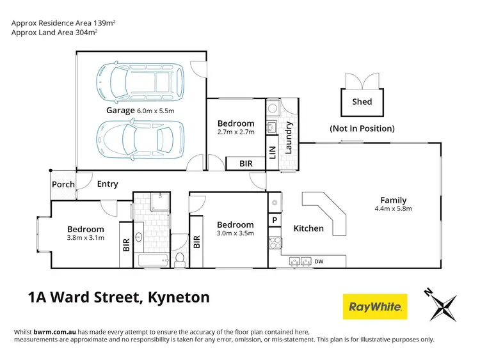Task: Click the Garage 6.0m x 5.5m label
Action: point(140,110)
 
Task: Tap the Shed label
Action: point(362,102)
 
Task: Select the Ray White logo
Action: point(375,307)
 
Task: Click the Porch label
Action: point(63,184)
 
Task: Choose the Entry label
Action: point(108,184)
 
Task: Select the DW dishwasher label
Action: point(319,261)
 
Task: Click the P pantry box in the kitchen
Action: point(274,221)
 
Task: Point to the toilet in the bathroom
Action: point(180,258)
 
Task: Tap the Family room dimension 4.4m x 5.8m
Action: point(393,208)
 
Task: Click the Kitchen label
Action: point(308,228)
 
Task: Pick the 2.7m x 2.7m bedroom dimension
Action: point(236,132)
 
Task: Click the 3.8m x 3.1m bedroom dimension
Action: point(86,238)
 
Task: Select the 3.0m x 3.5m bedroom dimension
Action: point(235,233)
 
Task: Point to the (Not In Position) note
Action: point(362,129)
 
